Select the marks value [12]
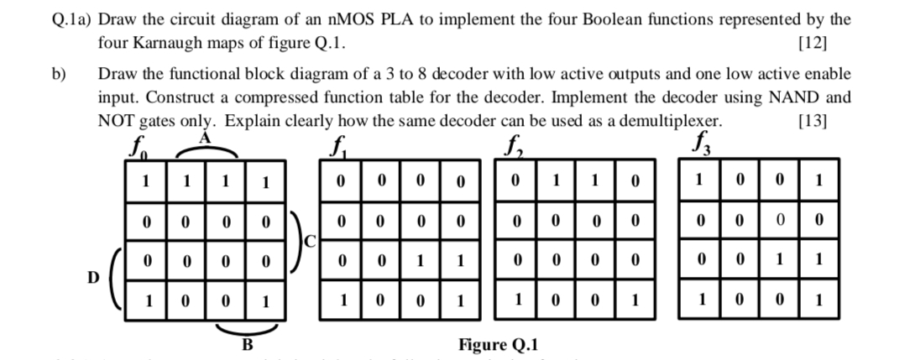point(810,43)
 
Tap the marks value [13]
point(810,120)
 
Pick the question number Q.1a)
point(65,19)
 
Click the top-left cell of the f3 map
point(698,180)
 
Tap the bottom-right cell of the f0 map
point(265,301)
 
